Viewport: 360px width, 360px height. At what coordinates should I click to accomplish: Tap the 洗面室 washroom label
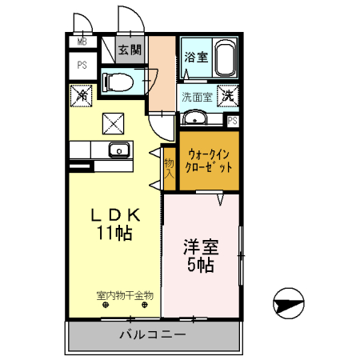[195, 98]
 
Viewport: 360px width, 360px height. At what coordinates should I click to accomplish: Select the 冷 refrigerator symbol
[82, 96]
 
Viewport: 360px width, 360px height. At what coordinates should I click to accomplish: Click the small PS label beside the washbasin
[232, 121]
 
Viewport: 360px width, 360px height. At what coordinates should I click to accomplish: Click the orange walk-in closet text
[209, 161]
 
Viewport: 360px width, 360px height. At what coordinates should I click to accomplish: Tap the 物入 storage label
[170, 168]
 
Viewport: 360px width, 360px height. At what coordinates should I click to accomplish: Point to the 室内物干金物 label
[125, 295]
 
